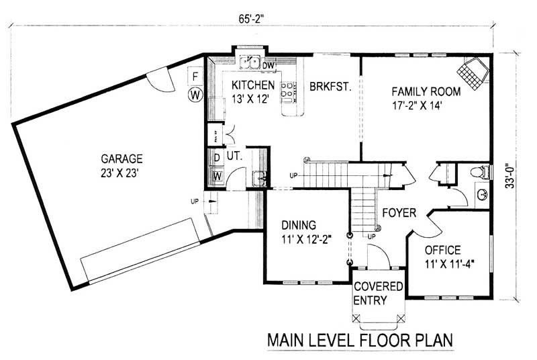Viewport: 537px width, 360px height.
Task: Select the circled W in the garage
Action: coord(195,95)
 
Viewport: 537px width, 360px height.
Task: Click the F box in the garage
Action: coord(195,76)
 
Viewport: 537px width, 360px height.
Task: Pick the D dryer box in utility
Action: coord(217,158)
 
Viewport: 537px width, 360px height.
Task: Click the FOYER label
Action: coord(399,213)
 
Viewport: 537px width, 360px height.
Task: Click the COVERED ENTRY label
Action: coord(379,293)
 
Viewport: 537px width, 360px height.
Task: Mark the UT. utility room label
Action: coord(234,155)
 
